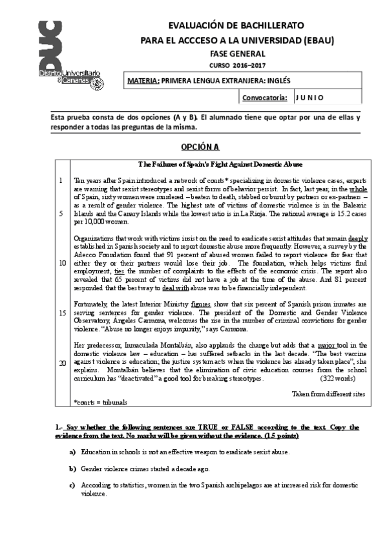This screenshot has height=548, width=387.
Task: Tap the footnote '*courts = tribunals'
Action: (x=100, y=402)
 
